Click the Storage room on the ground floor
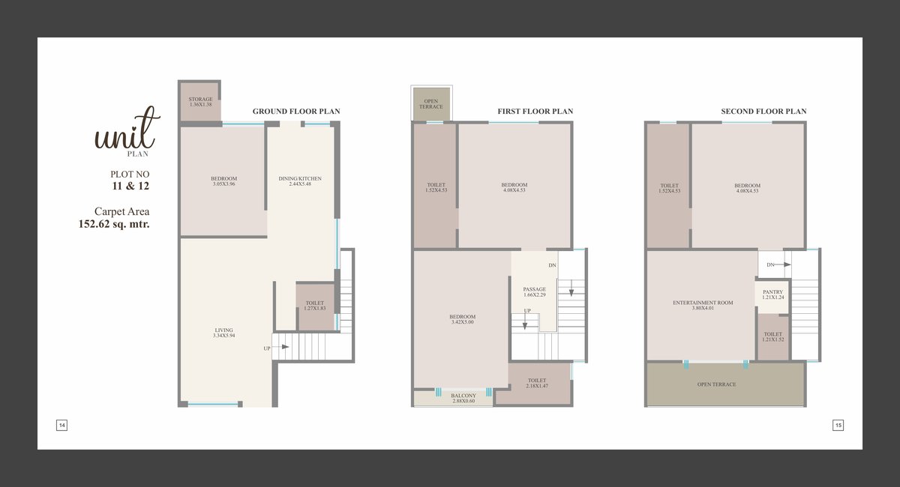click(x=200, y=102)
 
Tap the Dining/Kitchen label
click(x=300, y=178)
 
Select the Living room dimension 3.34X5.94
click(x=223, y=336)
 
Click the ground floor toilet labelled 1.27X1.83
click(x=315, y=306)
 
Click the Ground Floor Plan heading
click(x=296, y=111)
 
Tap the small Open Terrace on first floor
click(x=431, y=104)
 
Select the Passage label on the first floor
click(x=534, y=289)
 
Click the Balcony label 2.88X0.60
click(x=463, y=399)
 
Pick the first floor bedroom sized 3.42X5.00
click(x=462, y=319)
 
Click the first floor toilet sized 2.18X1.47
click(x=537, y=384)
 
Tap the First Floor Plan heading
click(x=535, y=111)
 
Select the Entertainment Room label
click(x=703, y=303)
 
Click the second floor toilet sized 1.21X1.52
click(x=773, y=337)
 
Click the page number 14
click(x=61, y=425)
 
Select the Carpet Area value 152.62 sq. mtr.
click(x=114, y=224)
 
